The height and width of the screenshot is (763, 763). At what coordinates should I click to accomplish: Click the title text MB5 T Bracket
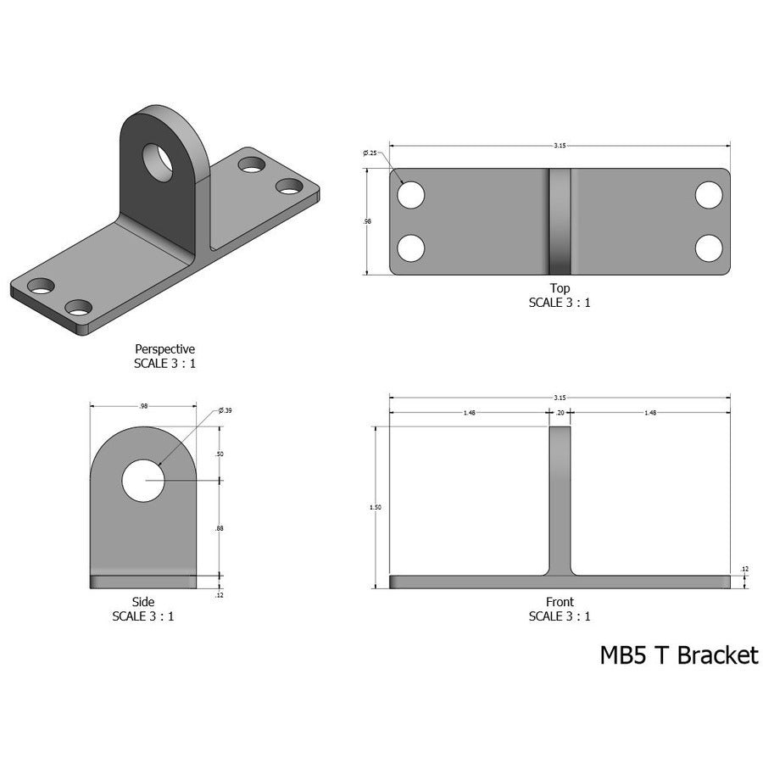679,655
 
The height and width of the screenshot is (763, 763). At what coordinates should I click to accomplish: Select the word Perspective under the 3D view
165,348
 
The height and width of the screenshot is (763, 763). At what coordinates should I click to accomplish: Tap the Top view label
560,288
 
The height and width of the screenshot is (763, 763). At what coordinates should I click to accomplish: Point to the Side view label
143,602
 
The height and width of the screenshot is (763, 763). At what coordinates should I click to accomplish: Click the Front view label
560,602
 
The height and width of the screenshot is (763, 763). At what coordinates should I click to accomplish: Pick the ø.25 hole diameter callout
370,153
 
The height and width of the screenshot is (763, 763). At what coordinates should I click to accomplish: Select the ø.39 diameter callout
225,410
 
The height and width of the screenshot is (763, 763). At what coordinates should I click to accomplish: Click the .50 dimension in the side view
220,454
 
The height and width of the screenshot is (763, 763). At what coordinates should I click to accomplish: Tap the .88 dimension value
220,528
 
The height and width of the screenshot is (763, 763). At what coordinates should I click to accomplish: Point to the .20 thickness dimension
560,413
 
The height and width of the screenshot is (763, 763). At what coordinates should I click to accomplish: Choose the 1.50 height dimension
376,507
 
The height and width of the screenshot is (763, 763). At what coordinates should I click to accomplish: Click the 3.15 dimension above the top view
560,146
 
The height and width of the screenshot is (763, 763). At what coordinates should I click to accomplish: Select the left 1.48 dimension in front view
469,413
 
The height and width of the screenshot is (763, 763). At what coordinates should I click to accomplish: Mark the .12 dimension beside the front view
744,569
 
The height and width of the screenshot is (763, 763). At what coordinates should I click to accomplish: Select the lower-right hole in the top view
709,248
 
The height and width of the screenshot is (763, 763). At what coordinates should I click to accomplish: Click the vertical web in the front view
560,500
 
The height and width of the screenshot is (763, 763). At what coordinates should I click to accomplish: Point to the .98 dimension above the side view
143,407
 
